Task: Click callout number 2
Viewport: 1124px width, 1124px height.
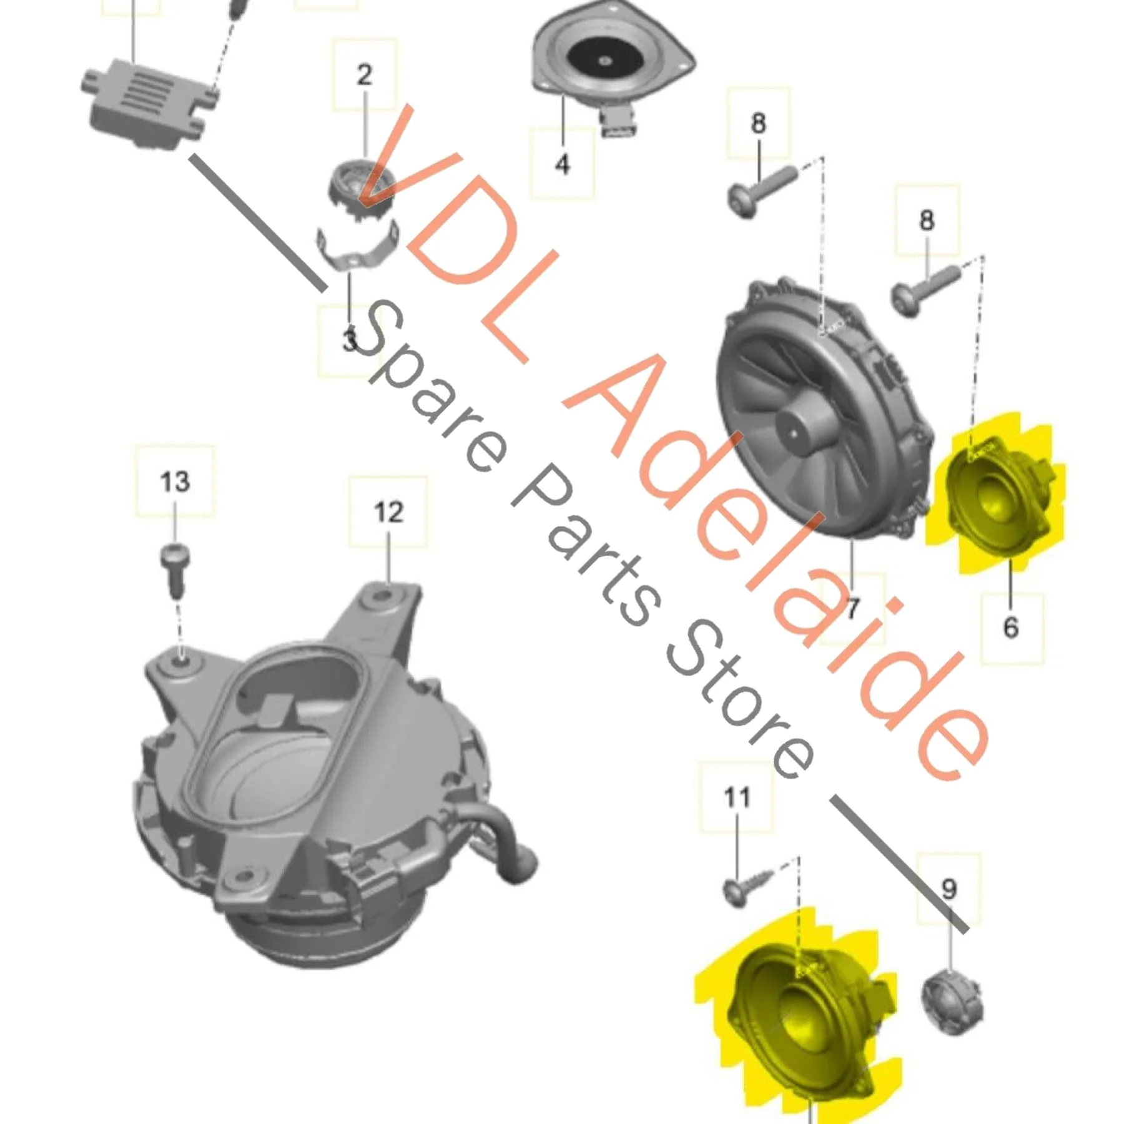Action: click(365, 75)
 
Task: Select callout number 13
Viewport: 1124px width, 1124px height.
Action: click(175, 481)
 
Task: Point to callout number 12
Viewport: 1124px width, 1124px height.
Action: click(388, 512)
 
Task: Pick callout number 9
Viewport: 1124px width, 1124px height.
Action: click(949, 889)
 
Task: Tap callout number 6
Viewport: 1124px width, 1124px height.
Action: click(1011, 626)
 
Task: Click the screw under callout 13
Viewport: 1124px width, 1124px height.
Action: click(175, 569)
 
